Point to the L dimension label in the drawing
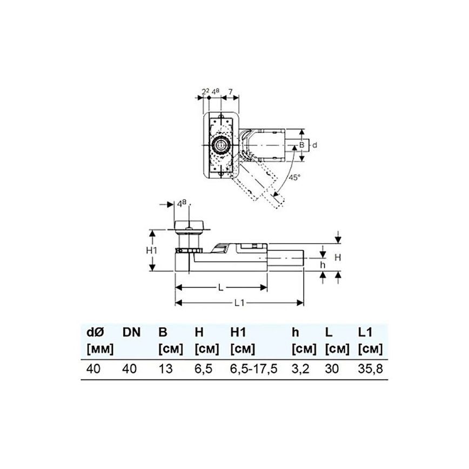(x=221, y=288)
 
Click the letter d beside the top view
(x=314, y=145)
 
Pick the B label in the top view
(x=302, y=145)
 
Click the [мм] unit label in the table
(x=100, y=349)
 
